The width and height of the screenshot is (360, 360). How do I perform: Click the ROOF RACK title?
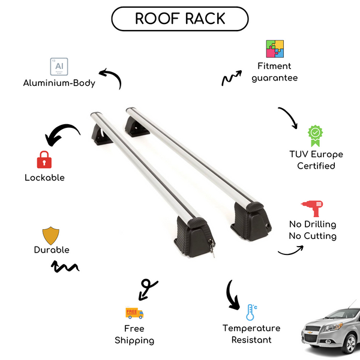[179, 19]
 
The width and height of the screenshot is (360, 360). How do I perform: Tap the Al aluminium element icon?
[59, 66]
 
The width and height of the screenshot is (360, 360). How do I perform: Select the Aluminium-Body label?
[59, 83]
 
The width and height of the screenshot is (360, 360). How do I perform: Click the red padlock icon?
[44, 160]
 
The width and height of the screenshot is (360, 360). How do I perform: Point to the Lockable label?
[44, 178]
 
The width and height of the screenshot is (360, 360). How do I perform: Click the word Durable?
[52, 250]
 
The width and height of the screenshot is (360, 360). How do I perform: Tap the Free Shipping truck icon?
[134, 313]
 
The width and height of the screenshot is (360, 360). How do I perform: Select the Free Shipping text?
[134, 335]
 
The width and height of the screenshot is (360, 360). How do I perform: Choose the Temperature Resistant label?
[251, 334]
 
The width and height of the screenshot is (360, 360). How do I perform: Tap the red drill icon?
[312, 208]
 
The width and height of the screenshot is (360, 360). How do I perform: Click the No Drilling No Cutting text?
[312, 230]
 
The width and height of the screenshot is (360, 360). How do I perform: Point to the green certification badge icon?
[316, 136]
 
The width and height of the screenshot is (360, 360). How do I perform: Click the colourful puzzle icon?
[275, 49]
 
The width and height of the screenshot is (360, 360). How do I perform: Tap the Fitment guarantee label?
[275, 72]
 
